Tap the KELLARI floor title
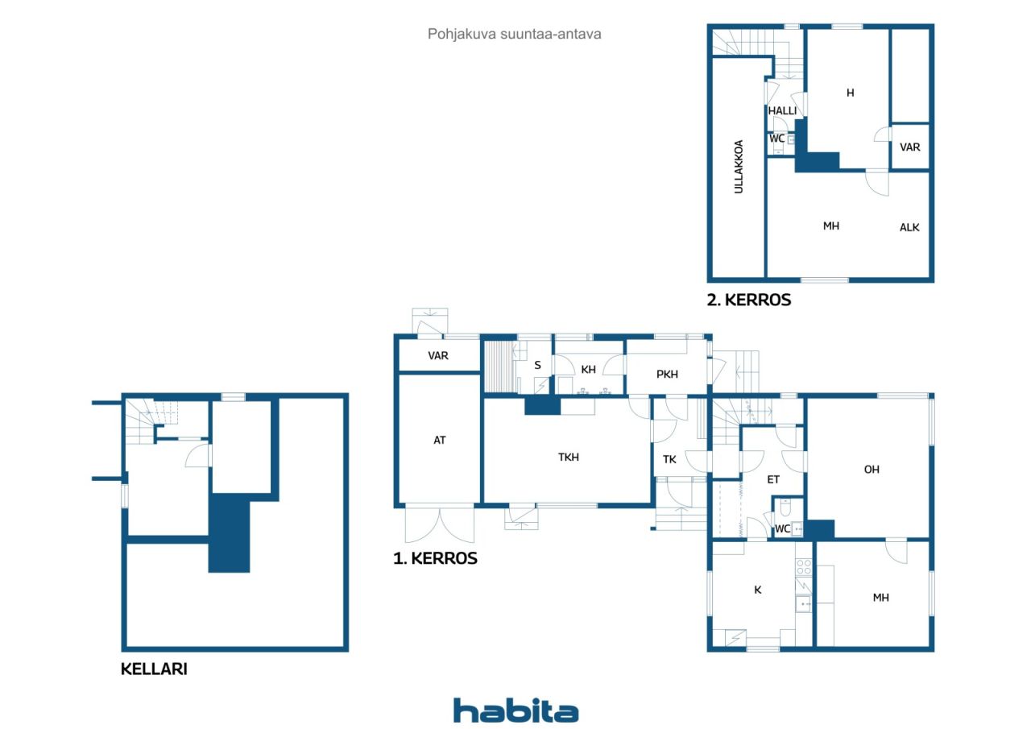point(154,669)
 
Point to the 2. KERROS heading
point(749,300)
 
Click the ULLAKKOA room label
point(739,167)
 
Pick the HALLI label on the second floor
point(782,111)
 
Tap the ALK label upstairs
point(909,227)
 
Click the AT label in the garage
point(440,440)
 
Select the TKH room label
point(569,457)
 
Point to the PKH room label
point(667,374)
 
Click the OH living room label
point(872,470)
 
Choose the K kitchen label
point(758,590)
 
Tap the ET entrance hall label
point(773,479)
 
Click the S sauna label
point(537,366)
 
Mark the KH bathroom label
point(588,369)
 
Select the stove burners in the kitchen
point(804,566)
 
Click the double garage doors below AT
point(440,524)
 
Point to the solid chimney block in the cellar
point(230,533)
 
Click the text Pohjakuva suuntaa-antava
point(514,34)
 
